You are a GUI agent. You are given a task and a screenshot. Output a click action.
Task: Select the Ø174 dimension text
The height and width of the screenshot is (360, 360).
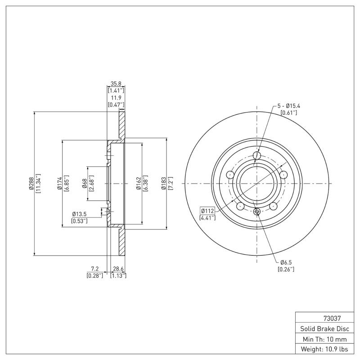[x=59, y=183]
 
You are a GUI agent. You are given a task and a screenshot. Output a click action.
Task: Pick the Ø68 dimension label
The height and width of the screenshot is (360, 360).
[x=84, y=183]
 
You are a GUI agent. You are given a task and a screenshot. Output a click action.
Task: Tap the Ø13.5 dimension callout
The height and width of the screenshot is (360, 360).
[x=80, y=214]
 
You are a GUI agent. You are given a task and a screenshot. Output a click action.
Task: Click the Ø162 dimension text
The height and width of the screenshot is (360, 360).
[x=139, y=183]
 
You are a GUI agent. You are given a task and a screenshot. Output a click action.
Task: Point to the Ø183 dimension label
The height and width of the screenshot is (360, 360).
[x=164, y=183]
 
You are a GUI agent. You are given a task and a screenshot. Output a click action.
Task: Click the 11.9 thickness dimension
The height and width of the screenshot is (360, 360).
[x=116, y=98]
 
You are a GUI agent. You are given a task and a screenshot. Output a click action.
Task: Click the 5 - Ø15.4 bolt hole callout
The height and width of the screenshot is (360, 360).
[x=288, y=106]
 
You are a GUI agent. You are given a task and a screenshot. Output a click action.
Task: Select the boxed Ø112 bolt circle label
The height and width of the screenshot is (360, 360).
[x=207, y=211]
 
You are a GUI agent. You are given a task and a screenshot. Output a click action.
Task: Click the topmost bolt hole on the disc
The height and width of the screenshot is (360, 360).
[x=257, y=156]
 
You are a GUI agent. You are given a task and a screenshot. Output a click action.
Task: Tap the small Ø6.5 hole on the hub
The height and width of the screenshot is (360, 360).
[x=257, y=211]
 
